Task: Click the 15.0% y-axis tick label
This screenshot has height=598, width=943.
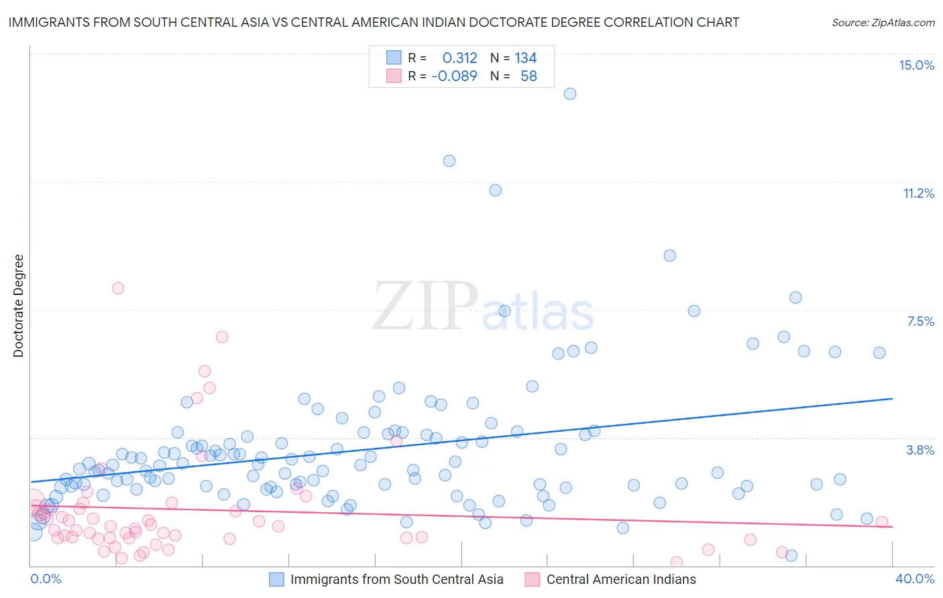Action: tap(916, 65)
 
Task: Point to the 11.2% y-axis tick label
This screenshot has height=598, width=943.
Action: tap(918, 193)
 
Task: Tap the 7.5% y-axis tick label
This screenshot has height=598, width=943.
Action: tap(920, 321)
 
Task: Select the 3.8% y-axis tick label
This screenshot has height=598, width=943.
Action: tap(920, 450)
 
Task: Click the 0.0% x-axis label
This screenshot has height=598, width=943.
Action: tap(46, 579)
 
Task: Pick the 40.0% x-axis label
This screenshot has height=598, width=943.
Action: tap(914, 579)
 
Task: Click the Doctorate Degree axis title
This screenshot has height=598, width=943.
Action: tap(18, 306)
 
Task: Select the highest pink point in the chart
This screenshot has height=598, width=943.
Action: tap(118, 288)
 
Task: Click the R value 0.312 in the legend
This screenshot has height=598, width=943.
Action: tap(459, 58)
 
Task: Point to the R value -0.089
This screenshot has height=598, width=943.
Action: tap(454, 76)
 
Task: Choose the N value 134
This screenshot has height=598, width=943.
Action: tap(526, 58)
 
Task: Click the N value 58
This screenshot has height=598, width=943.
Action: tap(529, 76)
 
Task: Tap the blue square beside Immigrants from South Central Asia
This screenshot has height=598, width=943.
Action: tap(276, 579)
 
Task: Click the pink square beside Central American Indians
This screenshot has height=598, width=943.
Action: tap(533, 579)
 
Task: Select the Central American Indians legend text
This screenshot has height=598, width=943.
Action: tap(621, 579)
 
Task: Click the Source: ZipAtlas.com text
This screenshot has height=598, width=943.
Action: tap(883, 23)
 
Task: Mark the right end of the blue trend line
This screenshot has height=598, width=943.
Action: tap(892, 398)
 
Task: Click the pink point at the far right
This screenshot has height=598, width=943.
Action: tap(881, 522)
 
